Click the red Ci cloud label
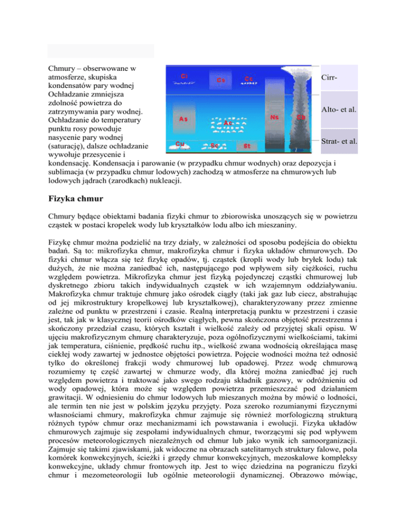185,76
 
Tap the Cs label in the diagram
221,80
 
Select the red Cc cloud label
249,78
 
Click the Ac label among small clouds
229,123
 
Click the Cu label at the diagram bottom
180,143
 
